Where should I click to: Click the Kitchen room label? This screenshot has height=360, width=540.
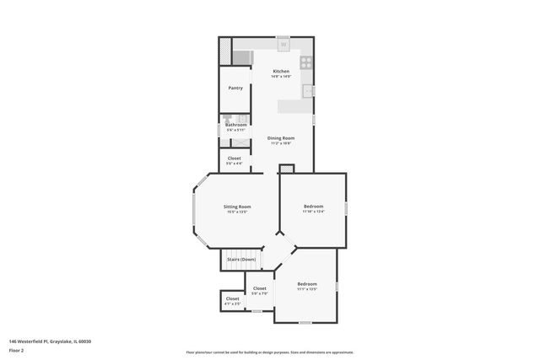click(x=281, y=72)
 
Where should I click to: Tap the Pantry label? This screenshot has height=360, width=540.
click(x=236, y=88)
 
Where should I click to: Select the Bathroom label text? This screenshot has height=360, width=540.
click(x=236, y=125)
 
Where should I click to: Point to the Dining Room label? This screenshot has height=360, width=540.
click(x=281, y=137)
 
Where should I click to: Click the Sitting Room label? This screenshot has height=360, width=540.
click(x=237, y=207)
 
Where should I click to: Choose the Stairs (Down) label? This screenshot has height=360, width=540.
click(x=241, y=259)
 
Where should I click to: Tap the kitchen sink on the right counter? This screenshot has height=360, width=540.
click(x=309, y=89)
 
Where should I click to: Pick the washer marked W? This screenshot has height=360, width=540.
click(x=283, y=43)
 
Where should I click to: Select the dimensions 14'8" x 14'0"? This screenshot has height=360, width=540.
click(x=281, y=77)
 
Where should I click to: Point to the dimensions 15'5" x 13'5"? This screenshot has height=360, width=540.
click(x=237, y=212)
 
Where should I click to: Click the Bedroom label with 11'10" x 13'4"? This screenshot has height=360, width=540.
click(x=313, y=207)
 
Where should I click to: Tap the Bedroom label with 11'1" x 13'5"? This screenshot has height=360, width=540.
click(x=306, y=284)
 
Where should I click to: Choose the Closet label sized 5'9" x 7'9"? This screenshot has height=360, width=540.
click(x=260, y=288)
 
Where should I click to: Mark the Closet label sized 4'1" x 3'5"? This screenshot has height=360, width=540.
click(x=232, y=298)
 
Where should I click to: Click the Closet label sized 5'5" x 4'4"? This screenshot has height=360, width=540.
click(x=235, y=158)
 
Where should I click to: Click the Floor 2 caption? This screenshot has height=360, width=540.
click(x=16, y=349)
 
